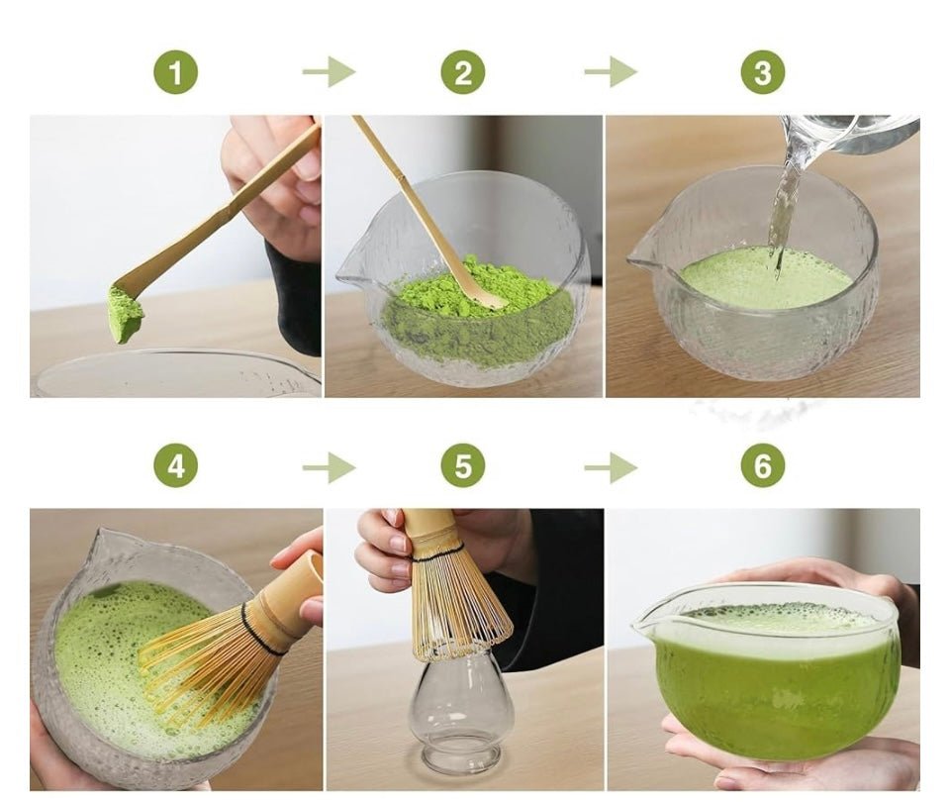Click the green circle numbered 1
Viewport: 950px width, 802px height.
coord(175,72)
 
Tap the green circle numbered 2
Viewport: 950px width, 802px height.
coord(462,72)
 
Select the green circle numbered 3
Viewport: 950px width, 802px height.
coord(762,72)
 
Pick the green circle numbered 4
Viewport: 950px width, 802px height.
coord(175,465)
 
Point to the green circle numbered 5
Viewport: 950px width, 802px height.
coord(462,465)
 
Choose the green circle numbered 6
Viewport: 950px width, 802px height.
coord(762,465)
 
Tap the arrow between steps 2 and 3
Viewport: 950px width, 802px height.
coord(611,72)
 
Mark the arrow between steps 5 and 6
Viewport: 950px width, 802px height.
coord(611,467)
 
